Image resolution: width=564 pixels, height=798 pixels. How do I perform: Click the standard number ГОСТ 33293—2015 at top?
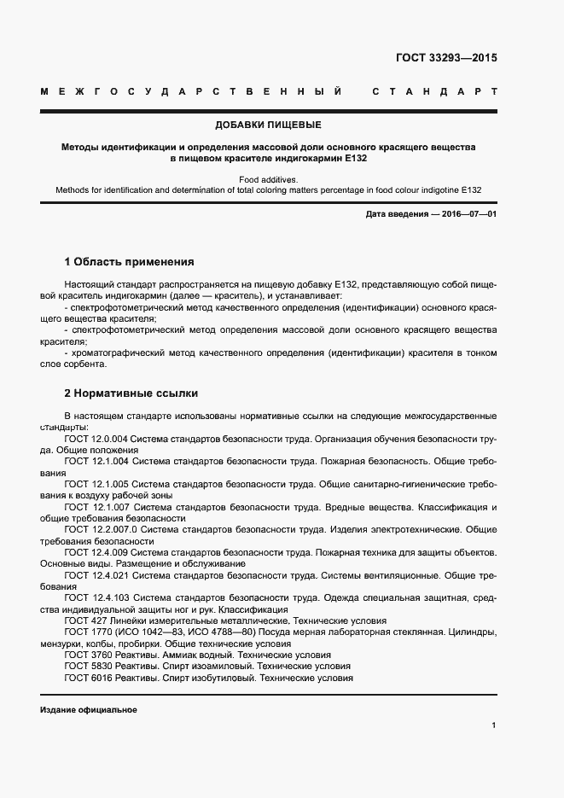click(x=446, y=59)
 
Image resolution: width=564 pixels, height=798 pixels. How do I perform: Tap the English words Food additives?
click(x=268, y=180)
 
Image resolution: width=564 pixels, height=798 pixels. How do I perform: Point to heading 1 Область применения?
click(x=130, y=262)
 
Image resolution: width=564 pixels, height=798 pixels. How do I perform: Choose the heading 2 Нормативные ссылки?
click(x=131, y=394)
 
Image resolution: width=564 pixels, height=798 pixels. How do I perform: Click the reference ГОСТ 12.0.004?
click(x=96, y=439)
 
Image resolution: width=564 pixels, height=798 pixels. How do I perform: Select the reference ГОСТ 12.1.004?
click(x=96, y=461)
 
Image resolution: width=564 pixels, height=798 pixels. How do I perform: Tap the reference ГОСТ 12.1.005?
click(x=96, y=484)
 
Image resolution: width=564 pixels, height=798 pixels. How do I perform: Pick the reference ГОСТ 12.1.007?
click(x=96, y=507)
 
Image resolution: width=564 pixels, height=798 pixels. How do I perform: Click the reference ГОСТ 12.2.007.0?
click(x=101, y=530)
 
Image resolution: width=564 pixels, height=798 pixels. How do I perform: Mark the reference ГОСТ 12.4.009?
click(x=96, y=553)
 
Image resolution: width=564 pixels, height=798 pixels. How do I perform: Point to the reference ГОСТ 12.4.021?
click(x=96, y=576)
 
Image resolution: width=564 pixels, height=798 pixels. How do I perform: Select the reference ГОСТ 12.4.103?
click(x=96, y=599)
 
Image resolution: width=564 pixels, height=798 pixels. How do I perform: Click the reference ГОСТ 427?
click(x=84, y=621)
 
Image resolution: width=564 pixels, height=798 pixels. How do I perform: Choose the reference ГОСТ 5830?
click(x=87, y=667)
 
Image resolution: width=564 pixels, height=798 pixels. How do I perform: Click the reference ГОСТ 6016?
click(x=87, y=678)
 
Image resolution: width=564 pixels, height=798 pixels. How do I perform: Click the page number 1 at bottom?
click(x=493, y=725)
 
